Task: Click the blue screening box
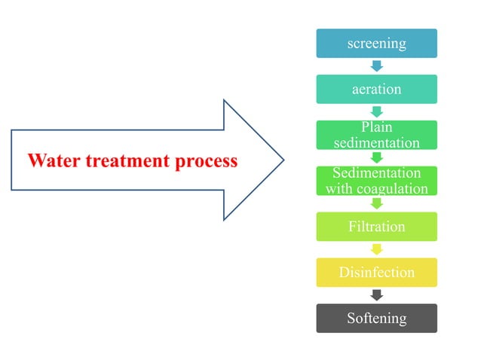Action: click(376, 43)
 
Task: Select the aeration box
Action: click(376, 89)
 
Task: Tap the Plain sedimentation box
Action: click(376, 135)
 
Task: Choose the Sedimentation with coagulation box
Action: click(376, 181)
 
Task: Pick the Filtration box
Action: click(376, 227)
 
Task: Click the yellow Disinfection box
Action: click(376, 272)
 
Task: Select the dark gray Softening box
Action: click(376, 318)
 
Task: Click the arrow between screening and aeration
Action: click(376, 66)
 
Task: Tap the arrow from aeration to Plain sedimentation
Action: click(376, 112)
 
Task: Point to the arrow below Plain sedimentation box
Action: click(376, 158)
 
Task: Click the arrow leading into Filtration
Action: click(376, 204)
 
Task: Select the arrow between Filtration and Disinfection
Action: click(376, 249)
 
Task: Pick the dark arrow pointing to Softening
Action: click(376, 295)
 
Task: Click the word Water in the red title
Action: click(51, 160)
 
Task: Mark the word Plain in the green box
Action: click(376, 127)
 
